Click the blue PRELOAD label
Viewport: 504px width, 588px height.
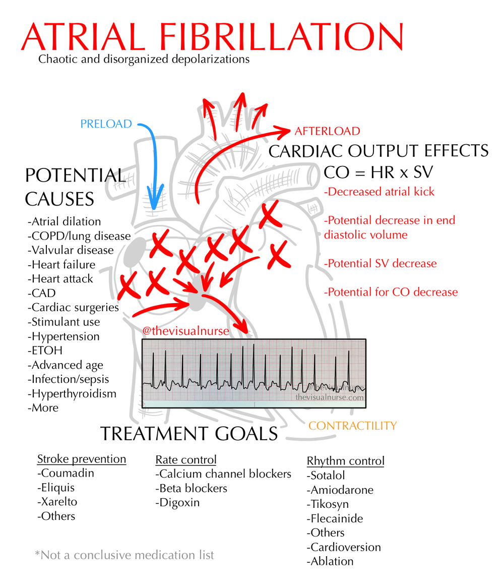coord(106,124)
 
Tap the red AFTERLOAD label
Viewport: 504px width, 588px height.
coord(327,132)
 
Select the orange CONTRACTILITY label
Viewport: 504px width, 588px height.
coord(352,426)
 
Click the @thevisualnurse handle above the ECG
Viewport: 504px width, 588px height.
coord(186,331)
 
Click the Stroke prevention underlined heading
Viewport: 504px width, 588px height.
coord(82,459)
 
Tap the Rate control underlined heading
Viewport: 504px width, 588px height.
coord(186,459)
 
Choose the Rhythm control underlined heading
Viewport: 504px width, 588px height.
coord(345,461)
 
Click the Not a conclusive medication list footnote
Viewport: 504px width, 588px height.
coord(124,555)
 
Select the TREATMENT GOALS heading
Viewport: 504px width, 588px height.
coord(188,434)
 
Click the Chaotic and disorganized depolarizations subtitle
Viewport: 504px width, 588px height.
coord(144,60)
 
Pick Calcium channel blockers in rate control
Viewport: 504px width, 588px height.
coord(223,474)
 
